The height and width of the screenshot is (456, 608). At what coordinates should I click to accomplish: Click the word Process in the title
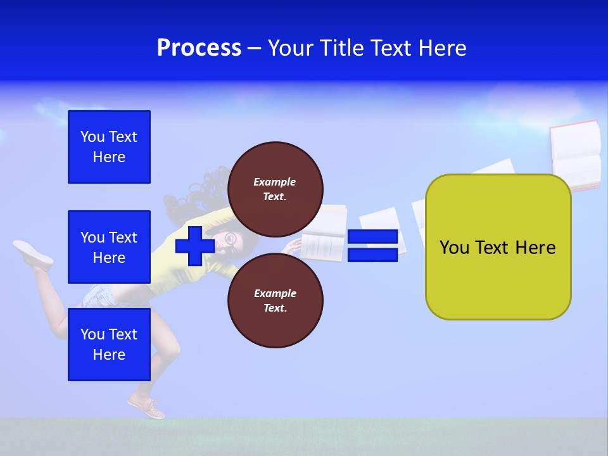[199, 48]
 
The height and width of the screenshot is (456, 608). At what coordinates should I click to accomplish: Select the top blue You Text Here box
[109, 147]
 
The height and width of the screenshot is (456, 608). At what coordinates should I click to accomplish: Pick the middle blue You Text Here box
[109, 247]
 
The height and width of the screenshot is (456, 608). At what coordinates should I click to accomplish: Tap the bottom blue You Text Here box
[109, 345]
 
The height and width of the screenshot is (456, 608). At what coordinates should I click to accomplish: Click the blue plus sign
[194, 246]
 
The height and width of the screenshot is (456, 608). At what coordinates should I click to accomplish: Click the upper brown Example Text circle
[275, 189]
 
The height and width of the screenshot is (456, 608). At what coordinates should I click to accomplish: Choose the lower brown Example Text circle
[275, 301]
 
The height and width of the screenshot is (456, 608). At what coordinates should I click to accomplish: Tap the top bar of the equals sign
[372, 237]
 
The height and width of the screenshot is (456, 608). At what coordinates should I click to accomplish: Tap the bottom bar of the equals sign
[372, 255]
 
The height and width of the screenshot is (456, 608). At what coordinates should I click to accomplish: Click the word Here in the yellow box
[535, 248]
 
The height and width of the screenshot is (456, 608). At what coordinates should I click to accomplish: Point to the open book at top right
[575, 155]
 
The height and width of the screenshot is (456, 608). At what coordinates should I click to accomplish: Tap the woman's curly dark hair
[196, 190]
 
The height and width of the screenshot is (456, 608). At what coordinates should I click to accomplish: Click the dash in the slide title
[254, 48]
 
